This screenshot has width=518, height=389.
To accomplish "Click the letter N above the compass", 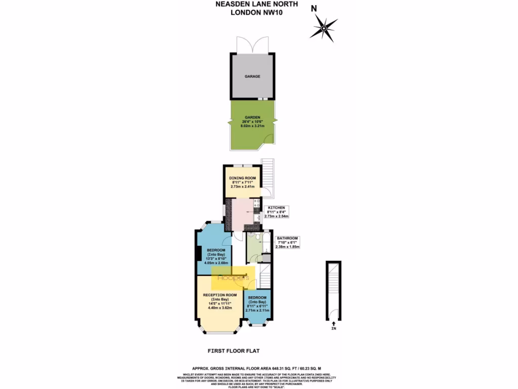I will click(314, 8).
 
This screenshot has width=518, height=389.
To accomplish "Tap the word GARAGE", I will click(252, 76).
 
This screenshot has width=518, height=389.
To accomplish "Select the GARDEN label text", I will click(253, 117).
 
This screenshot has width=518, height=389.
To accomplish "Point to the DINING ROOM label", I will click(242, 178).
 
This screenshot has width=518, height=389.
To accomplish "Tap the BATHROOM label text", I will click(287, 238).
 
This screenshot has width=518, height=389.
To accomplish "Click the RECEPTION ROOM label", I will click(220, 295).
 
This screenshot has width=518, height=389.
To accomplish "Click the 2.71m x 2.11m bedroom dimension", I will click(257, 310).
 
